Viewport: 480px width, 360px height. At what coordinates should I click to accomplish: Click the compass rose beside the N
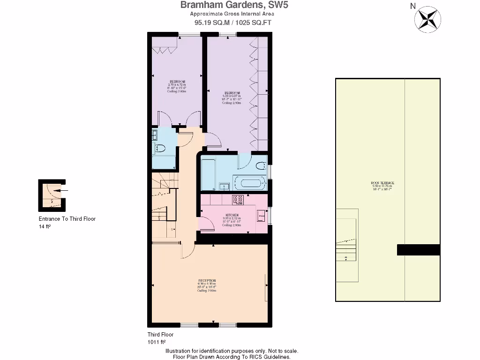[427, 18]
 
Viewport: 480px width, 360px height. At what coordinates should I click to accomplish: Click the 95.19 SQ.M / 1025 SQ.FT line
[233, 22]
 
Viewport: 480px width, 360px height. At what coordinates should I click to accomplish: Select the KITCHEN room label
[231, 216]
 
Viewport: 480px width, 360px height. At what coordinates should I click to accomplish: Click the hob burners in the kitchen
[238, 200]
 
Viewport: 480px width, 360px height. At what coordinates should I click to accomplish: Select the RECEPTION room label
[207, 280]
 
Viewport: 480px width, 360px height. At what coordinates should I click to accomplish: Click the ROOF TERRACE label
[382, 182]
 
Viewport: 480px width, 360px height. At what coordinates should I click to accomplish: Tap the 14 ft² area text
[45, 226]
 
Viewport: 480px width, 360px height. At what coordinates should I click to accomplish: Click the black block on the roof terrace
[418, 250]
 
